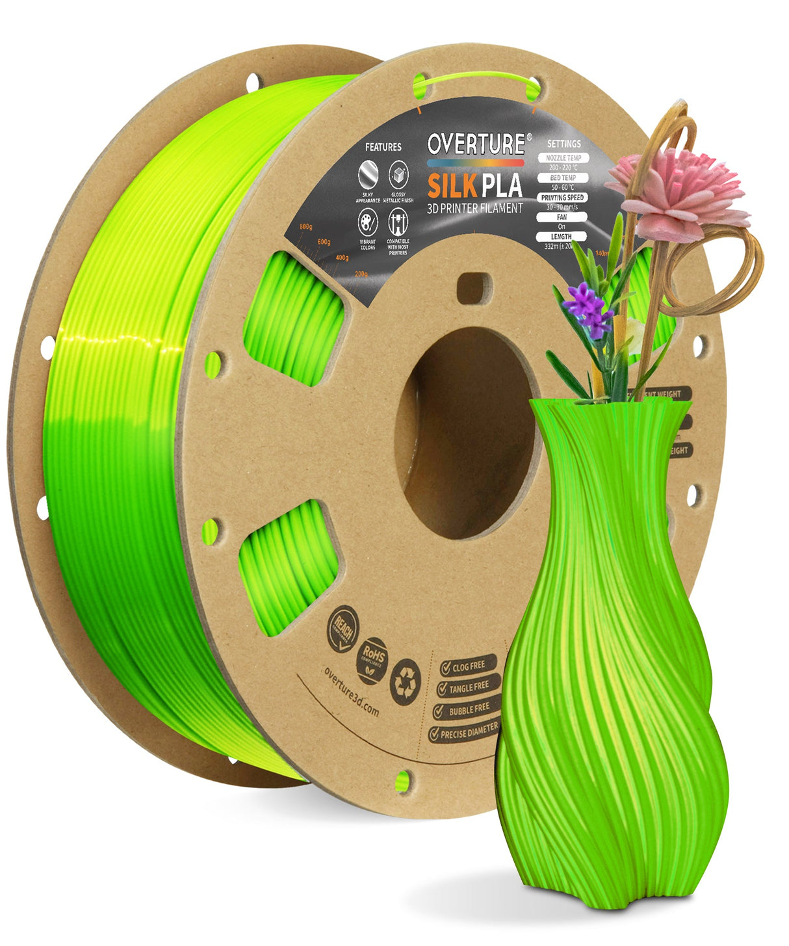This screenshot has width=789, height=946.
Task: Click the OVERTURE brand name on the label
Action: click(x=476, y=144)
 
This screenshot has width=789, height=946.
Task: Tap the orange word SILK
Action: click(x=451, y=186)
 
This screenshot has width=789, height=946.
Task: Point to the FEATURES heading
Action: click(x=383, y=148)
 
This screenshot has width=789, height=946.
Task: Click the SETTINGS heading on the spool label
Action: click(x=564, y=143)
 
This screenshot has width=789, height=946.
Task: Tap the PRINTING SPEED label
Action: click(x=562, y=198)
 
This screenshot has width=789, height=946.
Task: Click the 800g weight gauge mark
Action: click(x=305, y=226)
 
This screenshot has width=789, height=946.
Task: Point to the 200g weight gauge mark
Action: click(x=361, y=274)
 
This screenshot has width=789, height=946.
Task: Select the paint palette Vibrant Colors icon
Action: click(x=368, y=225)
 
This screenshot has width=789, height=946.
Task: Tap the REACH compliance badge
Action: click(x=343, y=628)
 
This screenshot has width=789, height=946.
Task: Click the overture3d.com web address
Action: click(x=351, y=691)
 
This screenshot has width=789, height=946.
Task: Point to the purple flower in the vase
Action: click(x=587, y=306)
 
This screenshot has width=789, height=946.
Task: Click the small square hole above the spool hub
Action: click(x=473, y=287)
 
